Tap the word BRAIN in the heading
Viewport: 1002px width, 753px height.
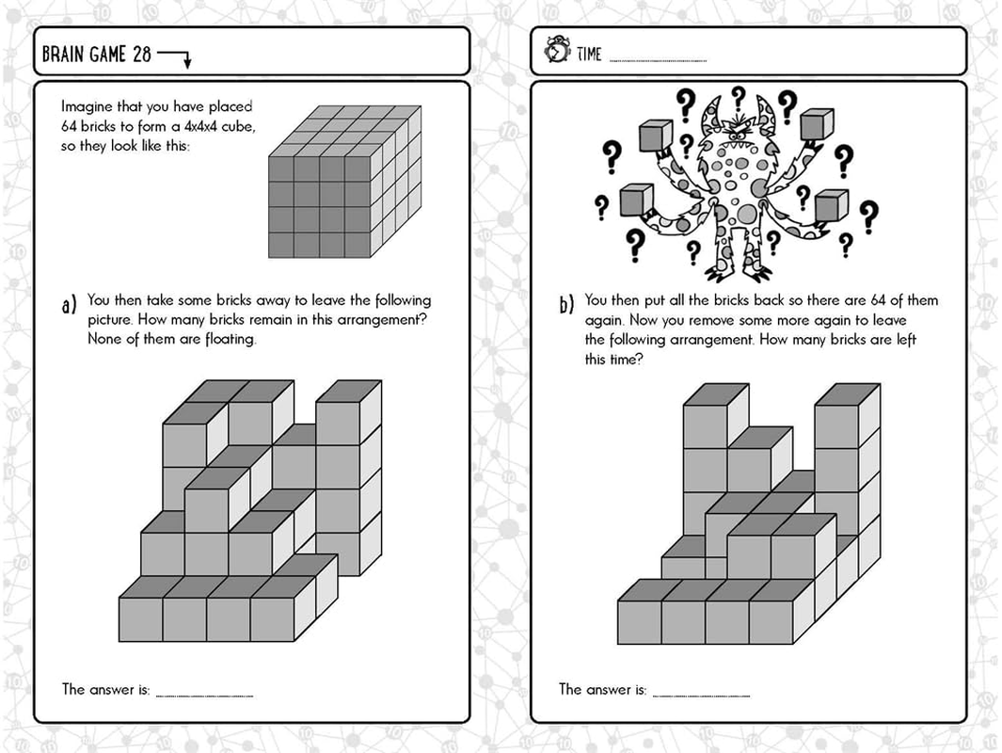click(63, 54)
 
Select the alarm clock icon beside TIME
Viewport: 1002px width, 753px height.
click(556, 53)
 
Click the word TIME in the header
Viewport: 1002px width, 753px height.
click(589, 55)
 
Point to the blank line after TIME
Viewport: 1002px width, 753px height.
click(658, 61)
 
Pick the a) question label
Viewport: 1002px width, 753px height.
click(69, 306)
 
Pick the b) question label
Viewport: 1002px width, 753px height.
click(566, 306)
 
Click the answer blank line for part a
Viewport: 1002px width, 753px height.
click(204, 696)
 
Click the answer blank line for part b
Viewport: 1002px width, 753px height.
click(701, 696)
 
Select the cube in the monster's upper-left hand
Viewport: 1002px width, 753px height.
click(655, 136)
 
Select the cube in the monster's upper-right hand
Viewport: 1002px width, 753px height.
click(816, 124)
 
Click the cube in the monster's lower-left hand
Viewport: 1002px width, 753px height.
click(635, 200)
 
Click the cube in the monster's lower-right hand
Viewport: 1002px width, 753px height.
click(831, 204)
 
